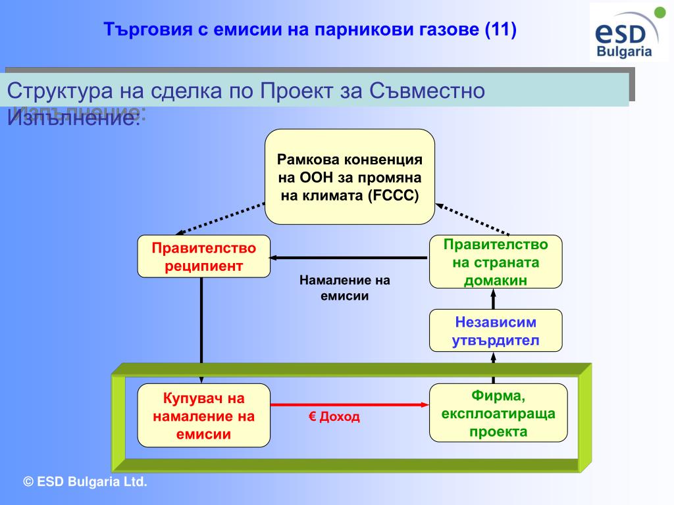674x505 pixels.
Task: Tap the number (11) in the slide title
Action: [x=500, y=30]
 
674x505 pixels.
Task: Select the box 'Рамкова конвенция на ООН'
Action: [x=350, y=177]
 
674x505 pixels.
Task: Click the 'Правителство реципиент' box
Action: [x=203, y=256]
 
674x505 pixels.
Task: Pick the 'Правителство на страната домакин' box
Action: [x=496, y=262]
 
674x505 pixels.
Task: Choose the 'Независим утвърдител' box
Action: [x=496, y=331]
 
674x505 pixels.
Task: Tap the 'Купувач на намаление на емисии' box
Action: [x=203, y=416]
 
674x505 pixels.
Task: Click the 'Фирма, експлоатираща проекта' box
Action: [x=498, y=413]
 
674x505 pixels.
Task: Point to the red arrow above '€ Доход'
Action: [x=349, y=404]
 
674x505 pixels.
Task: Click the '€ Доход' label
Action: [x=334, y=418]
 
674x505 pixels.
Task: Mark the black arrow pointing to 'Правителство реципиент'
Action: [x=349, y=257]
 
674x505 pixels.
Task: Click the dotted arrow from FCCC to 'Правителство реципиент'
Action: [x=220, y=219]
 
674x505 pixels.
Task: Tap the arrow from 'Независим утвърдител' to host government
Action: [x=493, y=299]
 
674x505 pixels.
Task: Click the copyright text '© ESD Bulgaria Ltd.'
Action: [x=85, y=482]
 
